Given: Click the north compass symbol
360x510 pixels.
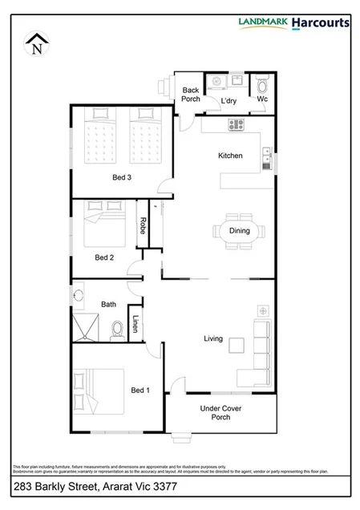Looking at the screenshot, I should pos(36,44).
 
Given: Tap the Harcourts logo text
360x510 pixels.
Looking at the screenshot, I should pos(320,22).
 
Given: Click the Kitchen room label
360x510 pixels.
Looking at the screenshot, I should pos(230,156).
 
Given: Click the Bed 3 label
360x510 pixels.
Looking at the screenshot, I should pos(121,177).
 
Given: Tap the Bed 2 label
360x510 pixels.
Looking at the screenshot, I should pos(105,257).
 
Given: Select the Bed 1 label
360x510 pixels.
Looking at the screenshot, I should pos(140,391).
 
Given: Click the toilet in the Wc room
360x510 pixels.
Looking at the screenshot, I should pos(264,85).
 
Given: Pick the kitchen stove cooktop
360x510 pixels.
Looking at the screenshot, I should pos(236,124).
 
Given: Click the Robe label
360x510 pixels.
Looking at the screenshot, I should pos(143,225).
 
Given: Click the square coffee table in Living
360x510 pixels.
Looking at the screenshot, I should pos(236,345).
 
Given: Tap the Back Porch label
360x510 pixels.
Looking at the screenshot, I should pos(191,95).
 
